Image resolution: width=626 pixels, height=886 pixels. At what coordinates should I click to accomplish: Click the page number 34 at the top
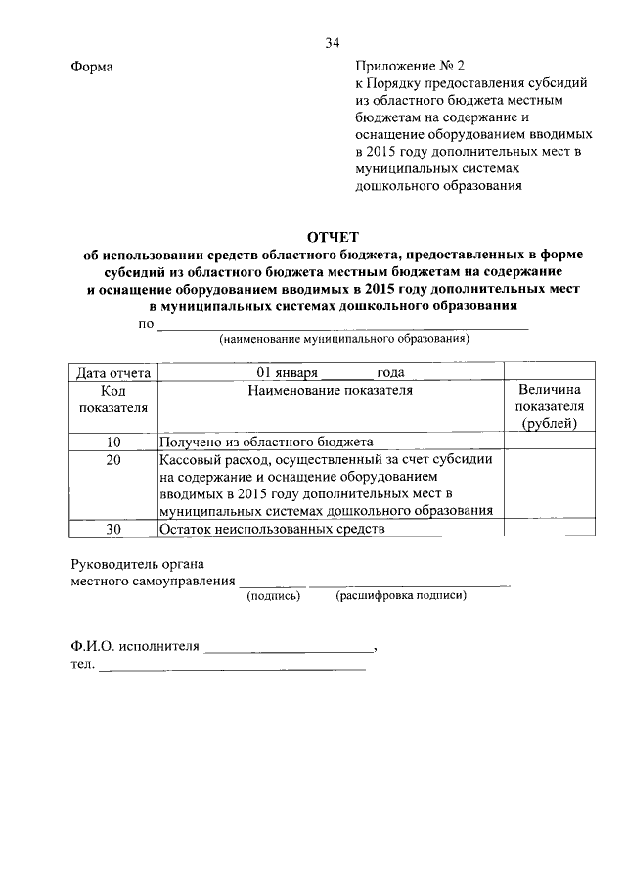coord(333,43)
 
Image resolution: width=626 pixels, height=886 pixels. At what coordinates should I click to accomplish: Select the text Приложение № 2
coord(407,67)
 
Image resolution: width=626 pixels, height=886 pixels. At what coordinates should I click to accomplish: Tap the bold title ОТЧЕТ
coord(334,236)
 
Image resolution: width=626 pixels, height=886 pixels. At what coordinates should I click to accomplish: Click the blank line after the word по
coord(342,325)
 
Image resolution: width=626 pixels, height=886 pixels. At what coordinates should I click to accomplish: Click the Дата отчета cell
coord(112,372)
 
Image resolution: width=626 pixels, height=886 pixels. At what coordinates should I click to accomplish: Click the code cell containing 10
coord(112,442)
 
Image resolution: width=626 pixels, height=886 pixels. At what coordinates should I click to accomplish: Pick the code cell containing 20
coord(112,458)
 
